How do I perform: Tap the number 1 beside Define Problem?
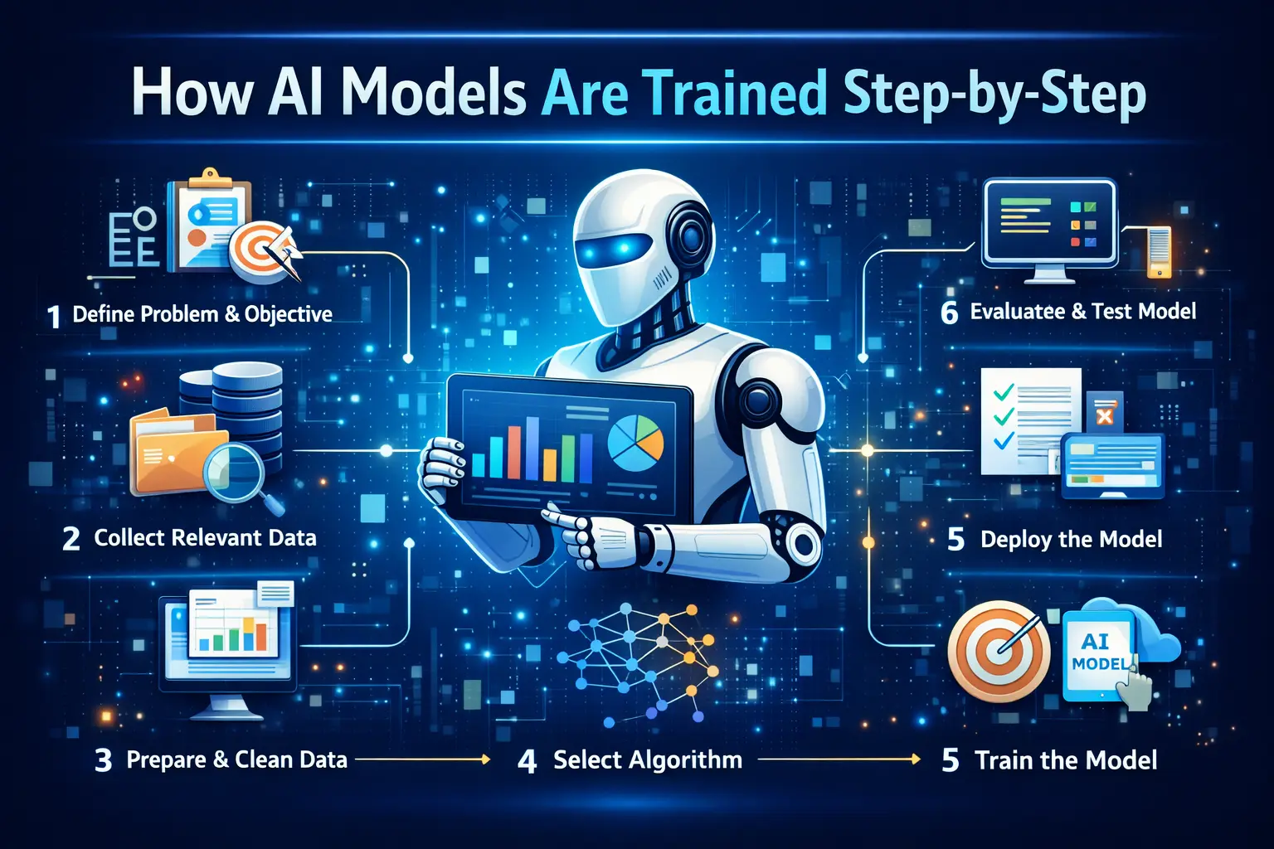coord(54,317)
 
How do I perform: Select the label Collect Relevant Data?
coord(205,537)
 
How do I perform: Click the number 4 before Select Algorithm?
coord(528,761)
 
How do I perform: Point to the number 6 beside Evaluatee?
coord(949,313)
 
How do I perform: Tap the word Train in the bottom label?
coord(1003,760)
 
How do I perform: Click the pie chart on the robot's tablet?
coord(635,443)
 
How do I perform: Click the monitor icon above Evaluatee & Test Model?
coord(1049,230)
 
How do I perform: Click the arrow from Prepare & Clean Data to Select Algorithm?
coord(422,759)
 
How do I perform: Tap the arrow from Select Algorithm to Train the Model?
coord(839,759)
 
